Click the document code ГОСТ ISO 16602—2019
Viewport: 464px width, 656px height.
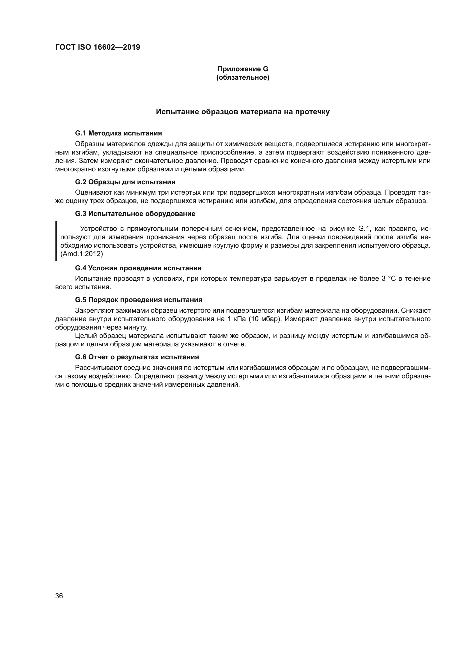pos(97,47)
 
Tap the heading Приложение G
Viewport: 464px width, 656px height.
pos(243,69)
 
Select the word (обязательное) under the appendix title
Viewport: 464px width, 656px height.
pos(243,77)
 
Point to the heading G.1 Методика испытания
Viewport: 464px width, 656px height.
pos(118,133)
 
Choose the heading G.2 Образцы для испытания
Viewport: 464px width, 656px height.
pos(125,182)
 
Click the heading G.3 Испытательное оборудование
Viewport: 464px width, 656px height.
pos(135,214)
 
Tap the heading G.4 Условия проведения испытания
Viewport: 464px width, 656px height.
pos(138,268)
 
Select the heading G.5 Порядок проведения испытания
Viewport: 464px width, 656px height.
pos(139,300)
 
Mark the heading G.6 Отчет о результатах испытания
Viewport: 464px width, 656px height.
pos(137,357)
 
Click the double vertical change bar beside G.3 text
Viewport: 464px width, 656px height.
pos(56,241)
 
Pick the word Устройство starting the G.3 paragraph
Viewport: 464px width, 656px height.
pos(98,229)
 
